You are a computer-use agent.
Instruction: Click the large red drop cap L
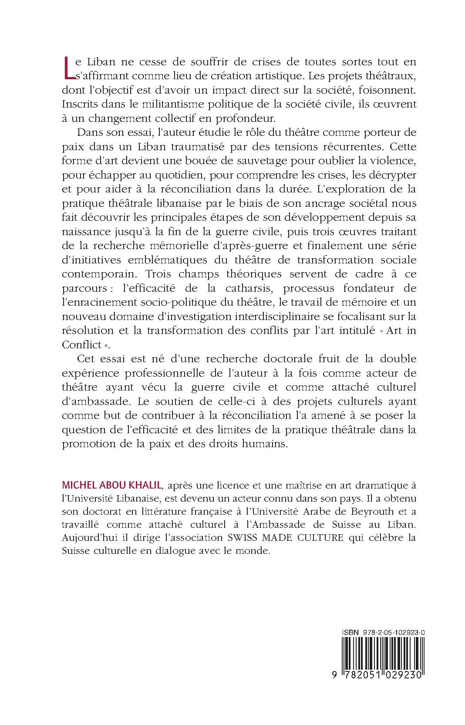click(x=69, y=69)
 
